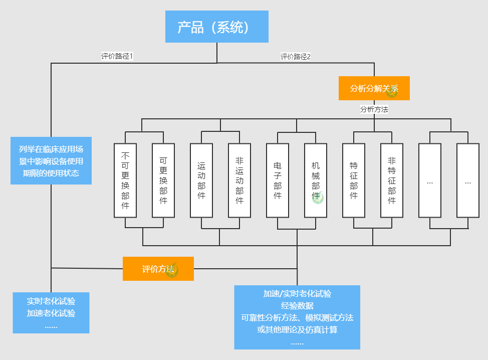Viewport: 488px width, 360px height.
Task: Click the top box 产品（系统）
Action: (x=217, y=27)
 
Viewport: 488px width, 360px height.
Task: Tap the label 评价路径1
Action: (x=117, y=56)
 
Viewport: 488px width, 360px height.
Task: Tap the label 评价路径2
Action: (x=296, y=57)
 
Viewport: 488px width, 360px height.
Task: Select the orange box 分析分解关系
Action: (x=374, y=88)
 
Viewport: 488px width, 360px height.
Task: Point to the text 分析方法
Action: (x=374, y=109)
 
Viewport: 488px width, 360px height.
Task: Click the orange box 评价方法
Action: (x=158, y=269)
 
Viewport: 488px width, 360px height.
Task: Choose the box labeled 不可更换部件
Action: (x=125, y=181)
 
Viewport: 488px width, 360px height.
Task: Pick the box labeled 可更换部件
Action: (x=163, y=181)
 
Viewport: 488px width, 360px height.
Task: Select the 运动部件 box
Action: (x=201, y=181)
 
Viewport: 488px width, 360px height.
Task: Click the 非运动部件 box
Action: (x=239, y=181)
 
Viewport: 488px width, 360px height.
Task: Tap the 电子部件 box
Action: (x=278, y=181)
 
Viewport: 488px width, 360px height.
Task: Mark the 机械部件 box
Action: (x=316, y=181)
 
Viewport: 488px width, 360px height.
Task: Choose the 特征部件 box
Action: (x=354, y=181)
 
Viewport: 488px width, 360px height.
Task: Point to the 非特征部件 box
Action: (x=392, y=181)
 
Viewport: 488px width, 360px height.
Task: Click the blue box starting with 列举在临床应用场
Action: (x=51, y=160)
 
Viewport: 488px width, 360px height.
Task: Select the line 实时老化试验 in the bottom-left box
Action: (x=51, y=301)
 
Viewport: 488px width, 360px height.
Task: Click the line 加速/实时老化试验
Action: (x=297, y=294)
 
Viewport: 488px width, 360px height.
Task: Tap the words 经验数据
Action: (x=297, y=306)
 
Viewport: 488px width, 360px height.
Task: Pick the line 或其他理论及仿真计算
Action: (x=297, y=329)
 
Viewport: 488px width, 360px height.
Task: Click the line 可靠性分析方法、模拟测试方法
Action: (x=297, y=317)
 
